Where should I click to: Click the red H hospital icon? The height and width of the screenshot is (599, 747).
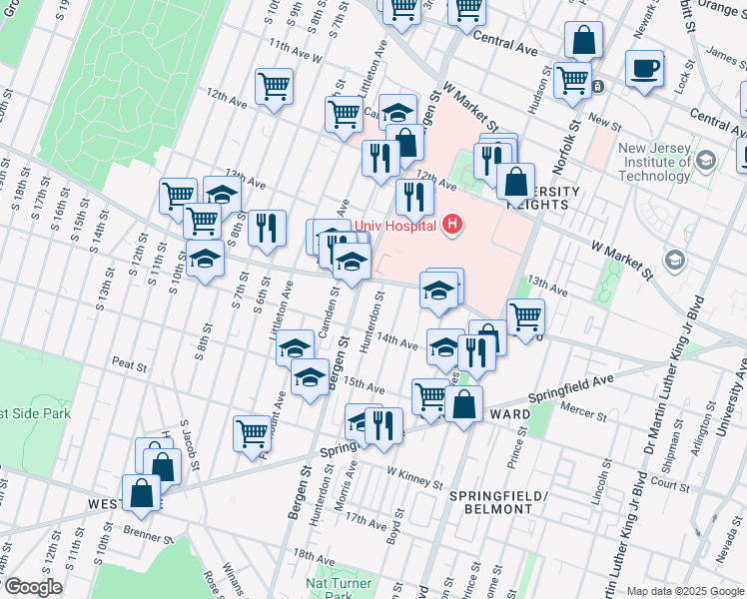453,224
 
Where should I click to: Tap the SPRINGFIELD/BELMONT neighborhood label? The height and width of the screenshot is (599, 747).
490,502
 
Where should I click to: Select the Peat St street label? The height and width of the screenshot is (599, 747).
130,362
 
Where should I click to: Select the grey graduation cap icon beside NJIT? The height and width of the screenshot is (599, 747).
675,261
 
